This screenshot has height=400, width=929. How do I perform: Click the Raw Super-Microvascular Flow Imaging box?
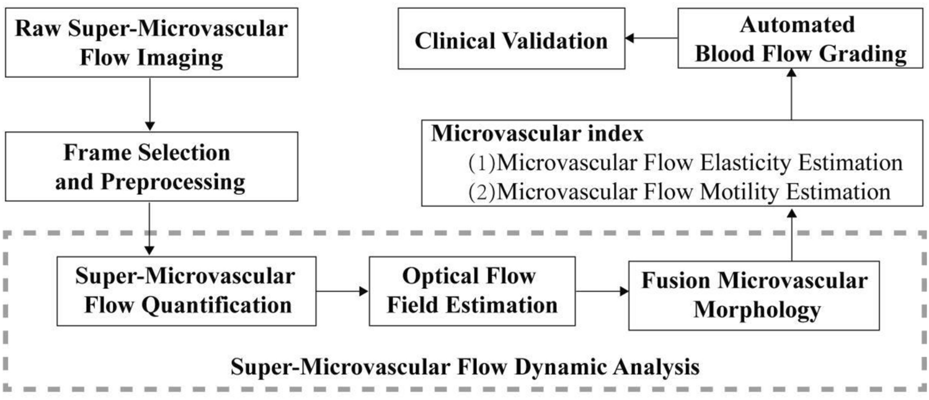click(x=150, y=43)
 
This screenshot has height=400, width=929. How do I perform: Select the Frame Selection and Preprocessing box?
click(x=150, y=167)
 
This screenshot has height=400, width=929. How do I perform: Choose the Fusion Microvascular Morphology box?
click(x=753, y=294)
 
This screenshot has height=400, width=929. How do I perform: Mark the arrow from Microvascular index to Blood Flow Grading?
click(x=792, y=93)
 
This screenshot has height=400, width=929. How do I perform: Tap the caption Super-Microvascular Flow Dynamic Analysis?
click(x=465, y=367)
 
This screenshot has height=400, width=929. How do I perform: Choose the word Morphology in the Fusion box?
click(x=753, y=308)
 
